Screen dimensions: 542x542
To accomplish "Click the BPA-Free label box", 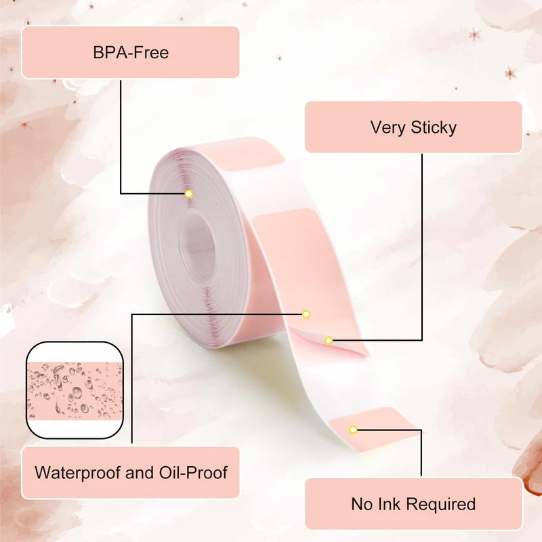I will point(131,52).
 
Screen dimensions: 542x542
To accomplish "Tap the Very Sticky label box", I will point(413,127).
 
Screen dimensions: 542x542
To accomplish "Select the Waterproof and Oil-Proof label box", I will point(131,472).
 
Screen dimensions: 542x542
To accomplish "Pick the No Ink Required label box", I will point(413,504).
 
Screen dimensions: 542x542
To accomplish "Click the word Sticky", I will point(434,127).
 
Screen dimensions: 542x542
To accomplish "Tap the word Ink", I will point(389,504).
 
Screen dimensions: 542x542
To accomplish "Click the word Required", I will point(441,505).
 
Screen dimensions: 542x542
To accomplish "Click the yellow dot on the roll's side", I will point(189,194).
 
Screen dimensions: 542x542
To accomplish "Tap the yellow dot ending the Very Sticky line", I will point(329,340).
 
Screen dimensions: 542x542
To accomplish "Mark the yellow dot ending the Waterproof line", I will point(306,314).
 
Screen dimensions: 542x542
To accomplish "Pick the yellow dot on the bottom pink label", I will point(354,430).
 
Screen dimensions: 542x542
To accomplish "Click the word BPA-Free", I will point(131,52).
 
